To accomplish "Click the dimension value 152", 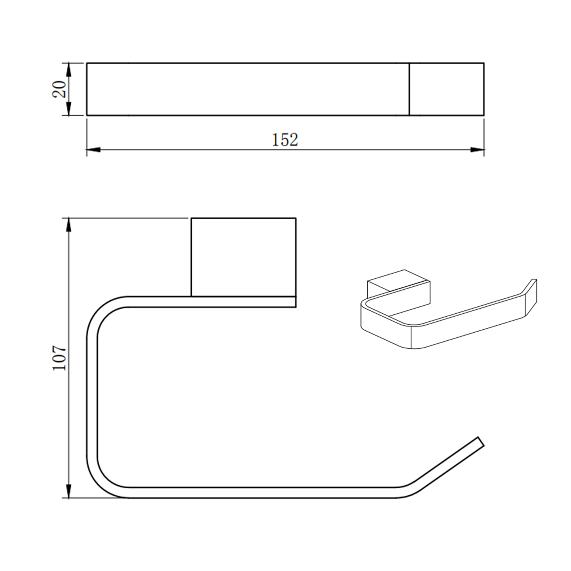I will click(285, 140).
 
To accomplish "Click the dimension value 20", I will click(60, 89).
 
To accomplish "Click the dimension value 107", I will click(60, 358).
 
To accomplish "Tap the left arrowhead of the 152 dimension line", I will click(93, 150).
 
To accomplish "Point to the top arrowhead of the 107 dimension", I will click(69, 225).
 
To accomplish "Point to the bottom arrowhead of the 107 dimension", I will click(69, 491).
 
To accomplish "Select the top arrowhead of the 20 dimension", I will click(69, 69).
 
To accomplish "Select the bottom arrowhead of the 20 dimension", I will click(69, 109).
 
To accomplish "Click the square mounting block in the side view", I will click(243, 257).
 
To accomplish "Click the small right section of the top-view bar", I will click(447, 89).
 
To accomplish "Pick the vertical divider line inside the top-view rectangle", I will click(409, 89).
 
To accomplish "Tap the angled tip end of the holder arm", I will click(480, 441).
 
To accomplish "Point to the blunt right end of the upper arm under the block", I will click(295, 302).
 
